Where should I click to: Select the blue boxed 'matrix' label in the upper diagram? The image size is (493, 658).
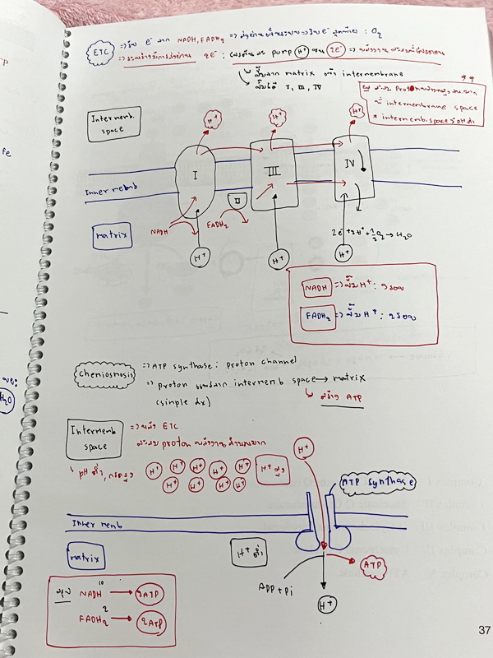coord(113,239)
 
